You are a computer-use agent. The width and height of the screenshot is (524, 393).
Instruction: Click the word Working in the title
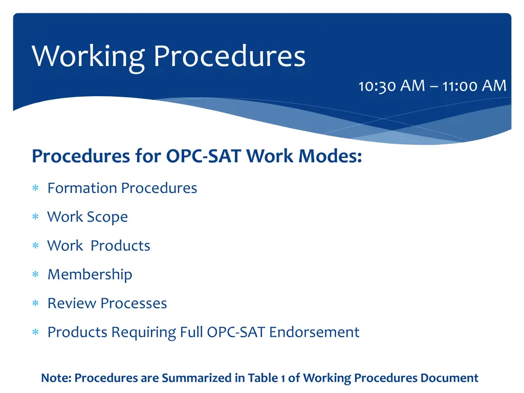point(89,56)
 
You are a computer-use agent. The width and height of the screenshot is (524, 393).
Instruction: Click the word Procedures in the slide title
point(229,56)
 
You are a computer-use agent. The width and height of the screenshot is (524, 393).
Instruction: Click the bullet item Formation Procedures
point(122,188)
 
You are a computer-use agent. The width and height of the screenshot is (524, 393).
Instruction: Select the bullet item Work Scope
point(88,217)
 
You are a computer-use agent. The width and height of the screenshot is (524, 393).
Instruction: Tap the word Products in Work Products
point(120,246)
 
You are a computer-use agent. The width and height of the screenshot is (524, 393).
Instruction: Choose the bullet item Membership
point(90,275)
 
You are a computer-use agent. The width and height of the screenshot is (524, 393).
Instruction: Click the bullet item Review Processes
point(107,303)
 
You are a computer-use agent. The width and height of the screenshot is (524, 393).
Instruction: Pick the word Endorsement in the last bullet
point(314,332)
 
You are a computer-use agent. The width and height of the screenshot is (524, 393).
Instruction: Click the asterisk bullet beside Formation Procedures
point(36,189)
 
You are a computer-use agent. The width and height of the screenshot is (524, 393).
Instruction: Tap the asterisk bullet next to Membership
point(36,275)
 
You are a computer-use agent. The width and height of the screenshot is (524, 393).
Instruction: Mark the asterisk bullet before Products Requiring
point(36,333)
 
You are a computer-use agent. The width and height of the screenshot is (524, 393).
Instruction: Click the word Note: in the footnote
point(56,378)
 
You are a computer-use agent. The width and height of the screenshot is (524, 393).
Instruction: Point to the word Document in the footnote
point(449,378)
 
